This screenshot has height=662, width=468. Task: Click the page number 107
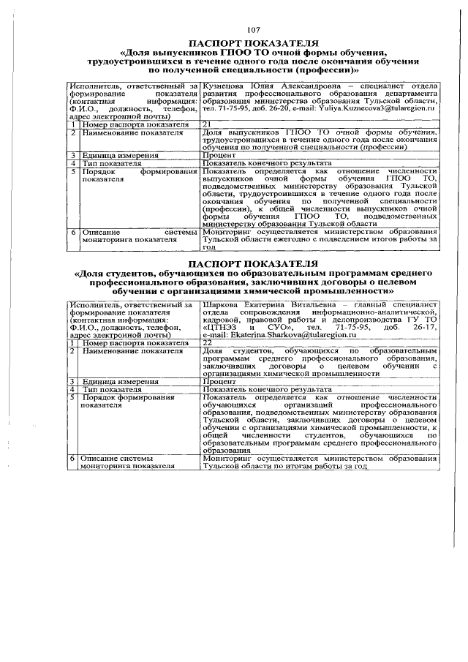(x=253, y=29)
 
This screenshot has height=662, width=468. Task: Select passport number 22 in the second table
(x=208, y=342)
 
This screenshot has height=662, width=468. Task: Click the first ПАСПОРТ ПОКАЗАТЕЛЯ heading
(x=253, y=42)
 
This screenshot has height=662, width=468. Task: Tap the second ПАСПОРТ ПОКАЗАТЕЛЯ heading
(x=253, y=262)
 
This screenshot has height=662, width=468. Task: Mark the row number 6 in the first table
(x=72, y=231)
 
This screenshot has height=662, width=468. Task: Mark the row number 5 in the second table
(x=72, y=397)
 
